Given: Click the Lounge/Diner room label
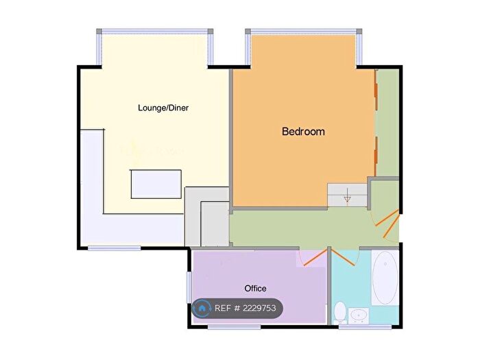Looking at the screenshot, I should coord(163,108).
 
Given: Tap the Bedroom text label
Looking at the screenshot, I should coord(303,131).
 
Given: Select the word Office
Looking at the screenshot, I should coord(255,288).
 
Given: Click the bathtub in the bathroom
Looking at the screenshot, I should coord(385,278).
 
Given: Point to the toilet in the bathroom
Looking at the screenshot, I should coord(340,313).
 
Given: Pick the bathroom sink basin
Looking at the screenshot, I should coord(358,316).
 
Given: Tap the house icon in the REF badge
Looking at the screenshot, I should coord(202,309).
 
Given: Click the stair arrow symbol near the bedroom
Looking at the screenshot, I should coord(348,198).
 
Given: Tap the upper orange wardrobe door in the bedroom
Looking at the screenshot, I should coord(376,88).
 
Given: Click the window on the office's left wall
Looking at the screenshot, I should coord(189,287).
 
